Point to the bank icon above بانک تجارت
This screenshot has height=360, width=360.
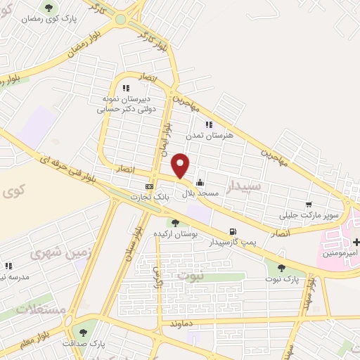[x=149, y=186]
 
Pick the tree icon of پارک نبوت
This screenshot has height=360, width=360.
[x=281, y=267]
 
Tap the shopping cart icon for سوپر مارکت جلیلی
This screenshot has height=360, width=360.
[x=308, y=205]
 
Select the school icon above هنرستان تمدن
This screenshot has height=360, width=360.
[x=208, y=124]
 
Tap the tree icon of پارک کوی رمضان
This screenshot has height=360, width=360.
[x=49, y=8]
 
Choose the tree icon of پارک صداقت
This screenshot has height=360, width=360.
[x=84, y=333]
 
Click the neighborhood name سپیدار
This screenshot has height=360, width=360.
[x=245, y=186]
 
